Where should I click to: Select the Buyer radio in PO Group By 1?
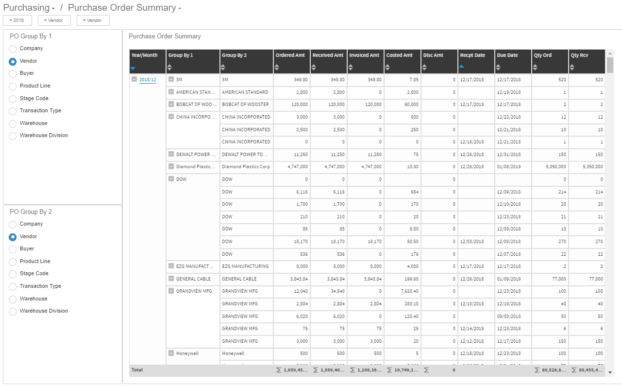point(13,73)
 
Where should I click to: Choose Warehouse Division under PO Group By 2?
point(13,311)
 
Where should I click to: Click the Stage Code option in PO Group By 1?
point(13,99)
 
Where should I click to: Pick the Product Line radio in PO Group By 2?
point(13,262)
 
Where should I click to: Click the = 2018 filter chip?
point(17,20)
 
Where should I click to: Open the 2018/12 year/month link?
point(148,80)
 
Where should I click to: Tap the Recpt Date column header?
point(473,55)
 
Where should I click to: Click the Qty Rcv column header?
point(579,55)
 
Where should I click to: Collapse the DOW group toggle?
point(171,179)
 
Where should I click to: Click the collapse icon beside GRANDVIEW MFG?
point(171,291)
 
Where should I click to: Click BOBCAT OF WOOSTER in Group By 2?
point(245,105)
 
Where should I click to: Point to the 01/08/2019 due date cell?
point(508,167)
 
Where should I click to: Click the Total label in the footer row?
point(137,370)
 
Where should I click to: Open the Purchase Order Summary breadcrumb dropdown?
point(179,9)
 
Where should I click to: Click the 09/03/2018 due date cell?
point(508,317)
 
